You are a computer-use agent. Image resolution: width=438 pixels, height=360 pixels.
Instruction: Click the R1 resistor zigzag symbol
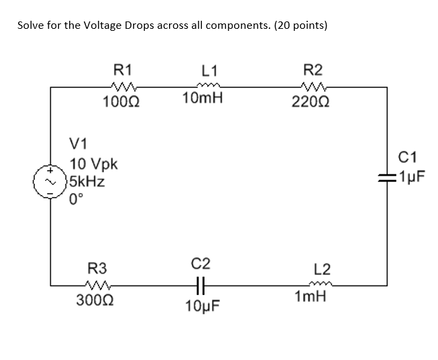122,86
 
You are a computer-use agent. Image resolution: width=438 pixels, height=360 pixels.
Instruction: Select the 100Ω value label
122,102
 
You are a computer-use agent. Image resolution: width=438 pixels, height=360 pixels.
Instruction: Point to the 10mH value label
203,99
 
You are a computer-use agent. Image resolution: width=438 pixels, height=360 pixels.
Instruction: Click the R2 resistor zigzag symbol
313,86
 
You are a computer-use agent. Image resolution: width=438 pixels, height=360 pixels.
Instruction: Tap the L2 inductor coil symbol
321,284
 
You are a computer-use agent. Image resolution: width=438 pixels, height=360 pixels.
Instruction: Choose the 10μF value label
202,306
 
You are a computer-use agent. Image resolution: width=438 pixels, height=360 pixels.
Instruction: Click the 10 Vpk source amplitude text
94,164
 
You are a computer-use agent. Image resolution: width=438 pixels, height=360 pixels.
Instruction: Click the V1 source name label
78,143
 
